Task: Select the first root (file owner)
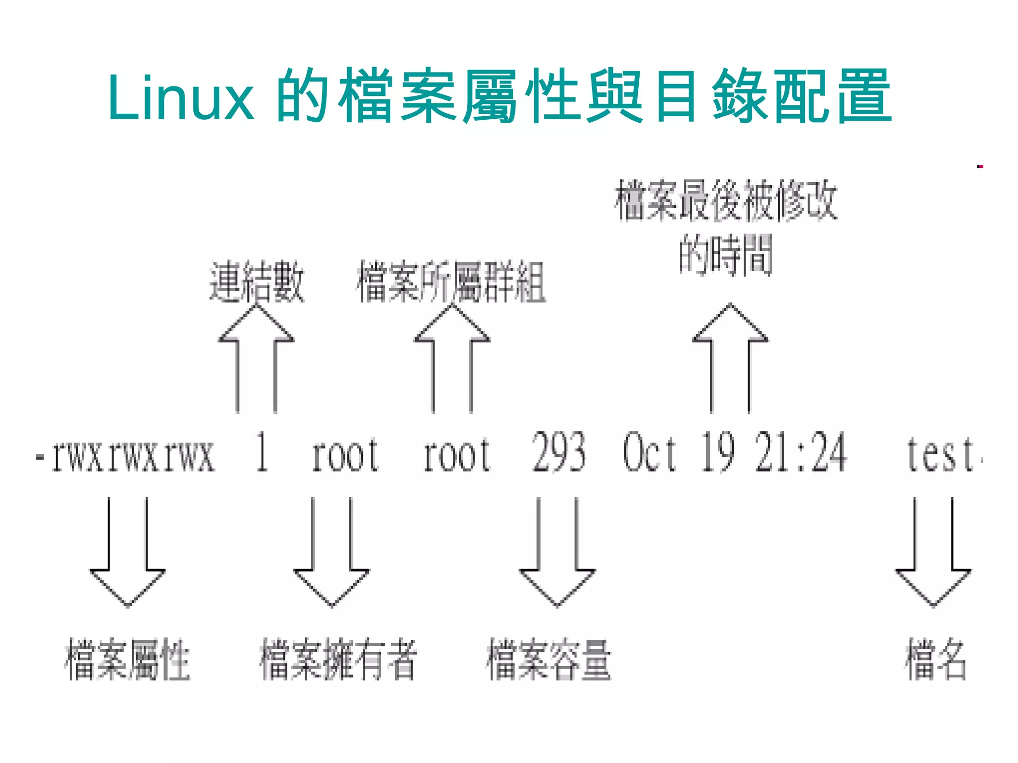point(345,456)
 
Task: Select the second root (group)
point(456,456)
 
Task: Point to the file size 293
point(559,453)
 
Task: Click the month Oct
point(649,453)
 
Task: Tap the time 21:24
point(800,453)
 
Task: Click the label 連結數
point(256,282)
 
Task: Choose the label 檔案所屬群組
point(451,282)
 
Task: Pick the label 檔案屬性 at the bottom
point(127,660)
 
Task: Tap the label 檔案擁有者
point(338,660)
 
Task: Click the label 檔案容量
point(549,660)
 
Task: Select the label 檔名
point(935,660)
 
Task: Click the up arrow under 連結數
point(256,358)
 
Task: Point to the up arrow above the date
point(730,358)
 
